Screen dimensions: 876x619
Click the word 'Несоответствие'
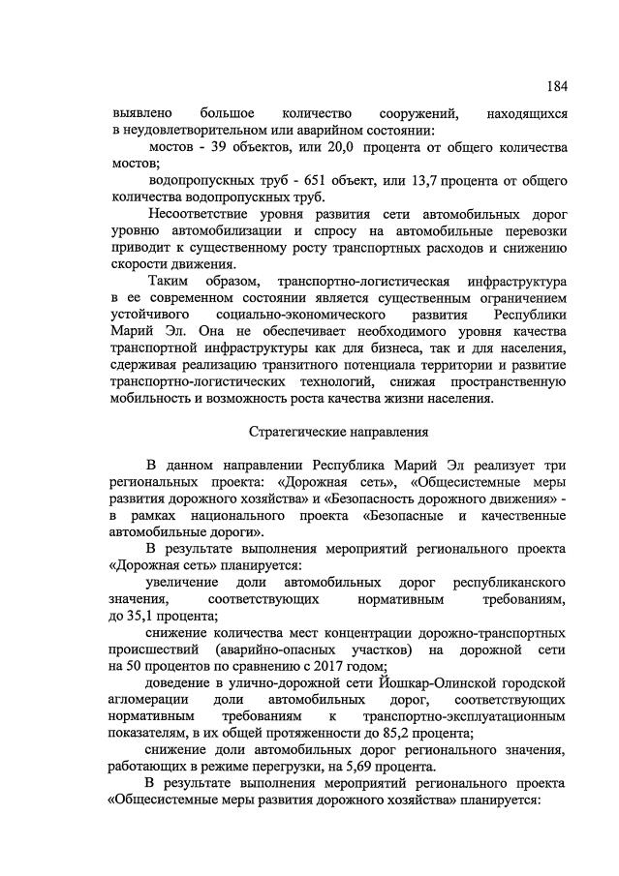click(199, 214)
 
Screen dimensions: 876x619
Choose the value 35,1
click(151, 617)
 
